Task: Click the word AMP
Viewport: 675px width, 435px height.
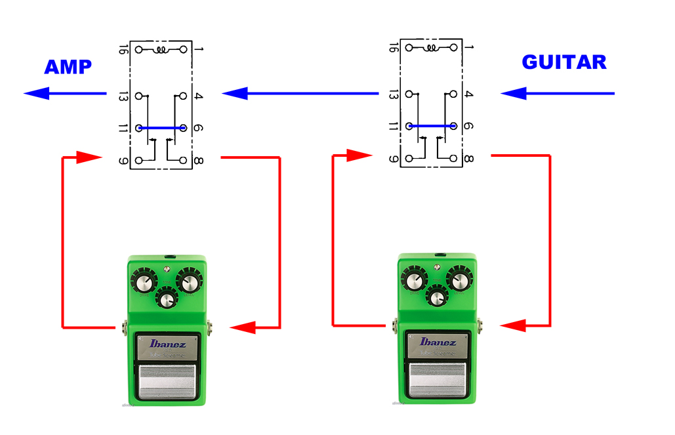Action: tap(68, 67)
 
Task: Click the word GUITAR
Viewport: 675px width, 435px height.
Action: tap(563, 62)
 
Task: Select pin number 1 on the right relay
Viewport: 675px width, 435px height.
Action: tap(467, 48)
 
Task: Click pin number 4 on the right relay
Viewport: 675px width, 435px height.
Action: tap(467, 94)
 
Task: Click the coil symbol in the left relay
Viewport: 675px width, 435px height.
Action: tap(161, 49)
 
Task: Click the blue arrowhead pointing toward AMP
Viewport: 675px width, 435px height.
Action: tap(37, 93)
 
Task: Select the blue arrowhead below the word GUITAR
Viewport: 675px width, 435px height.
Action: tap(514, 93)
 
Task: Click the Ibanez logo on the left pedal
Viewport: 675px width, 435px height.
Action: tap(168, 343)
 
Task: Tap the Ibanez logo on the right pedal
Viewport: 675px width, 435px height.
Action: tap(438, 342)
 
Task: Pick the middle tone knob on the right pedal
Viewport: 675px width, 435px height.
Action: tap(436, 297)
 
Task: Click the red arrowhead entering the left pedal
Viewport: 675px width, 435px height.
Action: tap(243, 327)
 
